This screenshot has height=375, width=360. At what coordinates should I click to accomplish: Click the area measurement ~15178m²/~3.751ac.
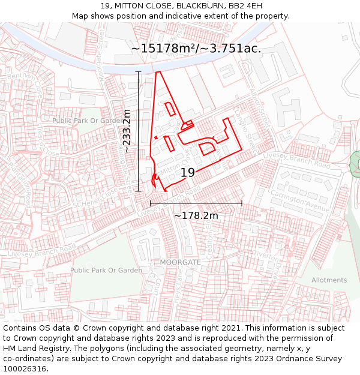196,49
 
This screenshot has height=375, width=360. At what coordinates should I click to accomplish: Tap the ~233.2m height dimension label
127,131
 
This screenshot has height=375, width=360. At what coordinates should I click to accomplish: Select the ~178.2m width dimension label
196,215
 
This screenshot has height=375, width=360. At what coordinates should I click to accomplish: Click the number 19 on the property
188,173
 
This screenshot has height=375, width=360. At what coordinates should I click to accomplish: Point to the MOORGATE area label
180,263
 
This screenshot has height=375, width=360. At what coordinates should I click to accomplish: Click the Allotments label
329,280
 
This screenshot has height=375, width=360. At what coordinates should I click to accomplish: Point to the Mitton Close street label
175,162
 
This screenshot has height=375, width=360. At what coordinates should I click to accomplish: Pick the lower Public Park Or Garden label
106,270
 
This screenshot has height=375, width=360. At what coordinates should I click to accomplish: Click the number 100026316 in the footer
25,369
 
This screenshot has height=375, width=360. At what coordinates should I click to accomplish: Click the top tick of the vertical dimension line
139,71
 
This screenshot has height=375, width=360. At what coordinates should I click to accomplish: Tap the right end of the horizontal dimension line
242,203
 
